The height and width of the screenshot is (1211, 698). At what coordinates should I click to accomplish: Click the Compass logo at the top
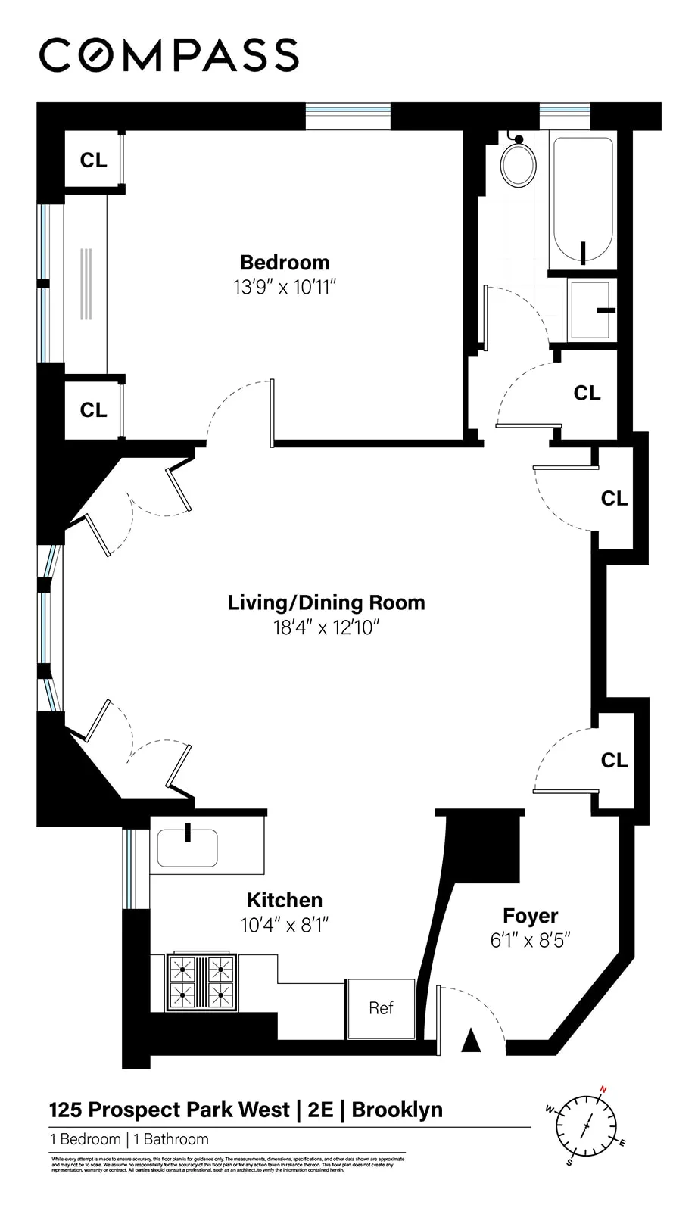[x=169, y=55]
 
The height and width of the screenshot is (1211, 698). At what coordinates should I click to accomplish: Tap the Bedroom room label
[x=285, y=263]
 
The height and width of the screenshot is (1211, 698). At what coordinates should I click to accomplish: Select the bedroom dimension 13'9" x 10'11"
[x=285, y=288]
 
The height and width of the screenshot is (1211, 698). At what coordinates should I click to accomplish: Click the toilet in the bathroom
[x=519, y=163]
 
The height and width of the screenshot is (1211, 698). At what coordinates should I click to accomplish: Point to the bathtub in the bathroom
[x=582, y=201]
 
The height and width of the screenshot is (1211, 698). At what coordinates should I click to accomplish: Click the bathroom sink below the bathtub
[x=590, y=310]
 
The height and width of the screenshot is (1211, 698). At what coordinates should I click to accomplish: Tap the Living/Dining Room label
[x=326, y=603]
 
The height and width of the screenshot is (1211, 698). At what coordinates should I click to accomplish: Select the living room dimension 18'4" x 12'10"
[x=326, y=628]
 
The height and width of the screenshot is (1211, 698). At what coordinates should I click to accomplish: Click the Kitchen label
[x=285, y=900]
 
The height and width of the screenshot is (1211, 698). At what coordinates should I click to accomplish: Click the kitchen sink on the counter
[x=187, y=848]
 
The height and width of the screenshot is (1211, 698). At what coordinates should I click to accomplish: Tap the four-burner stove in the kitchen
[x=201, y=980]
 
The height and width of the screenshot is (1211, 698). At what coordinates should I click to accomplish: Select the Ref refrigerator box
[x=382, y=1008]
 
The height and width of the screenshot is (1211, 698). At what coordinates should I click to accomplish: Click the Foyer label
[x=530, y=917]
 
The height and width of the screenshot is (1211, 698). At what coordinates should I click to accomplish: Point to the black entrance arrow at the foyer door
[x=472, y=1041]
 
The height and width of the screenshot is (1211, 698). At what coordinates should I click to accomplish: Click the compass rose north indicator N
[x=603, y=1090]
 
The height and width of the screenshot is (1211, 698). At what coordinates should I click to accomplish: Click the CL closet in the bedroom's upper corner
[x=94, y=160]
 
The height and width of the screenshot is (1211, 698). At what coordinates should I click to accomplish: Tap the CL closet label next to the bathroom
[x=587, y=394]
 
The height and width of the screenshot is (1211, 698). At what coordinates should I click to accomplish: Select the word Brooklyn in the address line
[x=397, y=1110]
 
